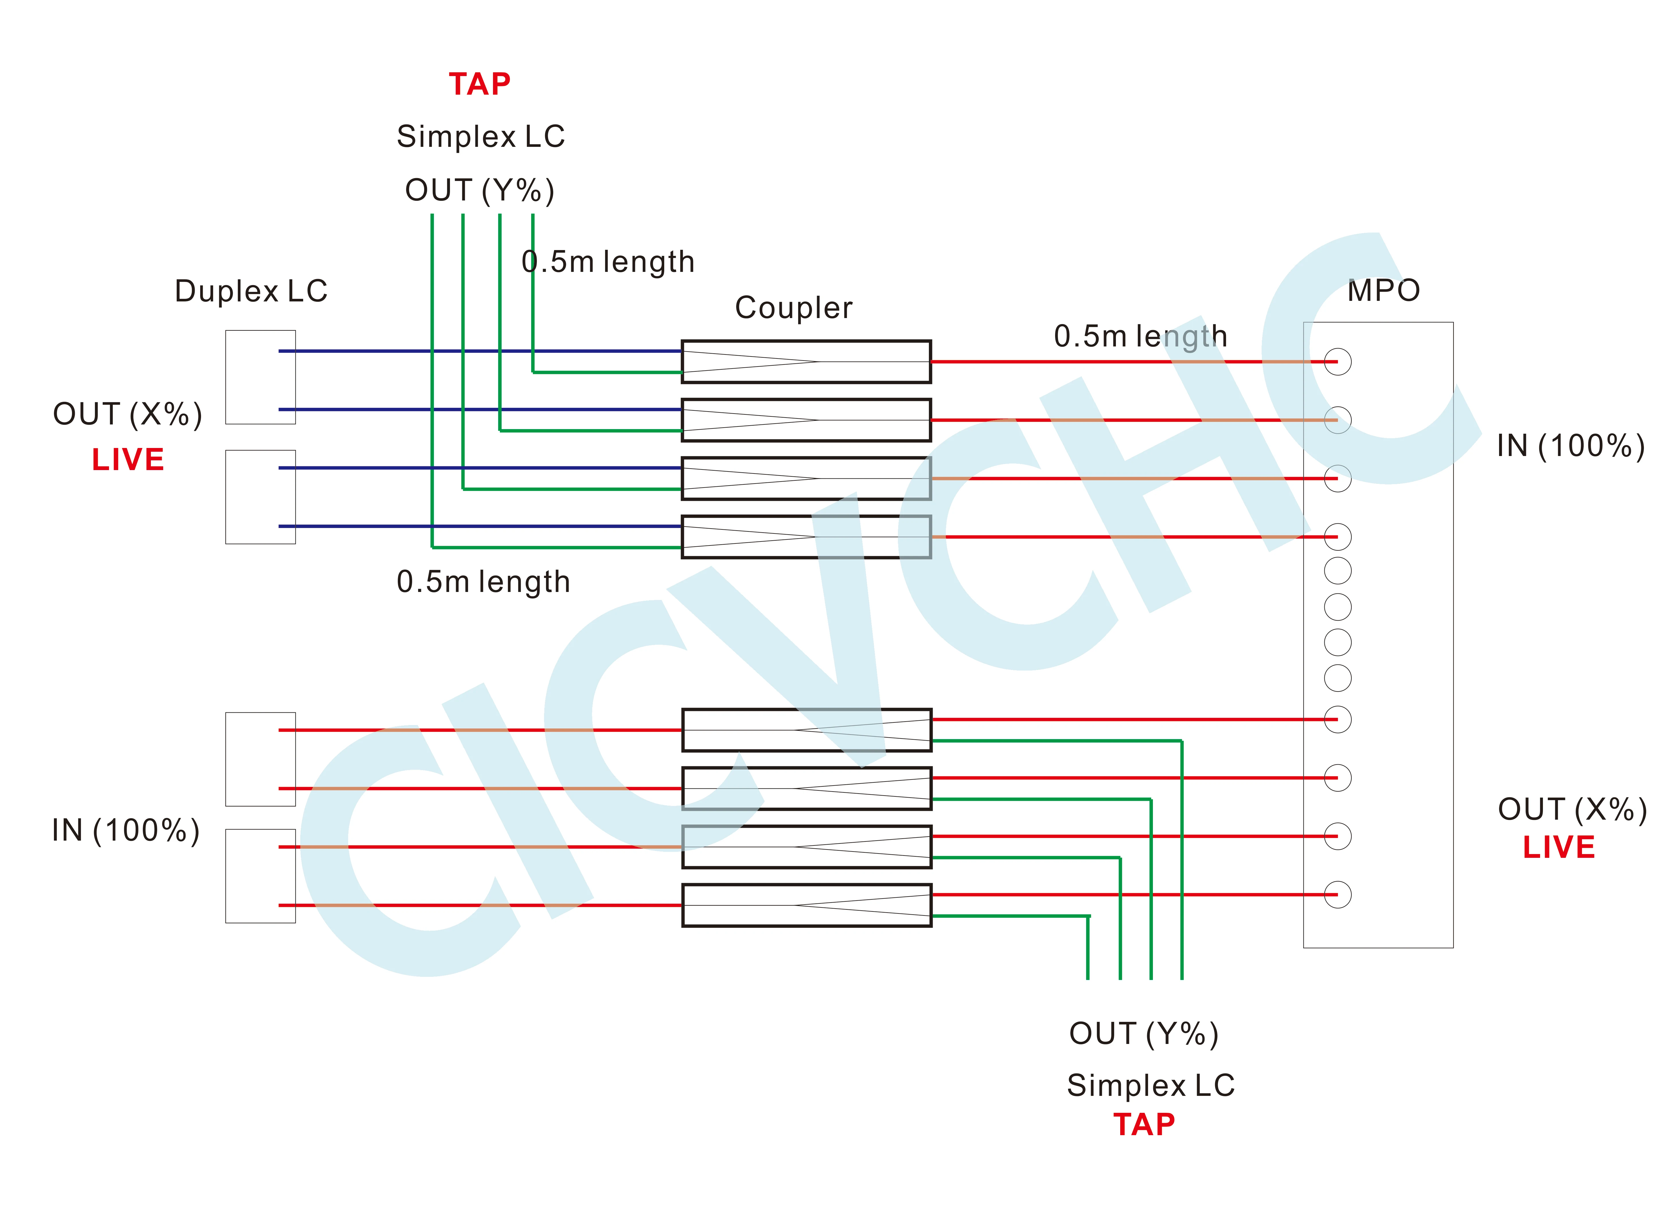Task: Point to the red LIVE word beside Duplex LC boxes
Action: pyautogui.click(x=128, y=460)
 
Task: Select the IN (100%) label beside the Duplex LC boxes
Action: pyautogui.click(x=126, y=830)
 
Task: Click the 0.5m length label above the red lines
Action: pyautogui.click(x=1140, y=336)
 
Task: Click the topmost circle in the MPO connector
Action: pyautogui.click(x=1337, y=362)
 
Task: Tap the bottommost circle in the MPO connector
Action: pyautogui.click(x=1337, y=894)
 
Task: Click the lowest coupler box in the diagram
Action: pyautogui.click(x=806, y=905)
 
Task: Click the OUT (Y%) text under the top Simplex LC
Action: pyautogui.click(x=480, y=190)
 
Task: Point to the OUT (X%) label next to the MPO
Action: pyautogui.click(x=1572, y=810)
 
